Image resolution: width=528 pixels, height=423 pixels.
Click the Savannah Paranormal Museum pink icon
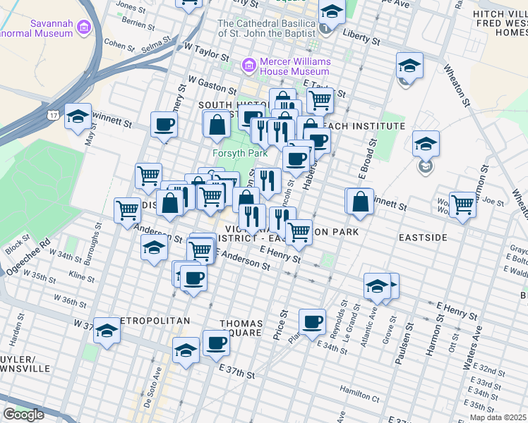[x=85, y=28]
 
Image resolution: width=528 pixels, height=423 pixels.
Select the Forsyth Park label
[x=231, y=153]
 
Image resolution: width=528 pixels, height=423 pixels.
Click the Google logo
[x=23, y=415]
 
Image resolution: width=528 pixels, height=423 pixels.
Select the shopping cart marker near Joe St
[x=462, y=204]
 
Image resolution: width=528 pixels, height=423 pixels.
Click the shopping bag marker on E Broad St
[x=360, y=201]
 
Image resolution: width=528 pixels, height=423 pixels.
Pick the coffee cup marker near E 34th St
[x=312, y=322]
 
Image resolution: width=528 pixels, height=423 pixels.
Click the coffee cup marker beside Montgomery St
[x=164, y=125]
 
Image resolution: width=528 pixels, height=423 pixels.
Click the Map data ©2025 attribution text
[x=498, y=417]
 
